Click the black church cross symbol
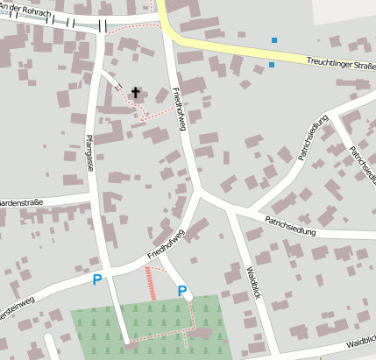point(136,91)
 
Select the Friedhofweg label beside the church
point(180,109)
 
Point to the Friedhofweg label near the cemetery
point(166,244)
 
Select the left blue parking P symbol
point(97,280)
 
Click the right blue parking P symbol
point(182,291)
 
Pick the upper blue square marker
point(274,40)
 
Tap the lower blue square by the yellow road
point(272,65)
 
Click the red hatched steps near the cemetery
point(149,283)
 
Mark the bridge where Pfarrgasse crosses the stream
point(103,26)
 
